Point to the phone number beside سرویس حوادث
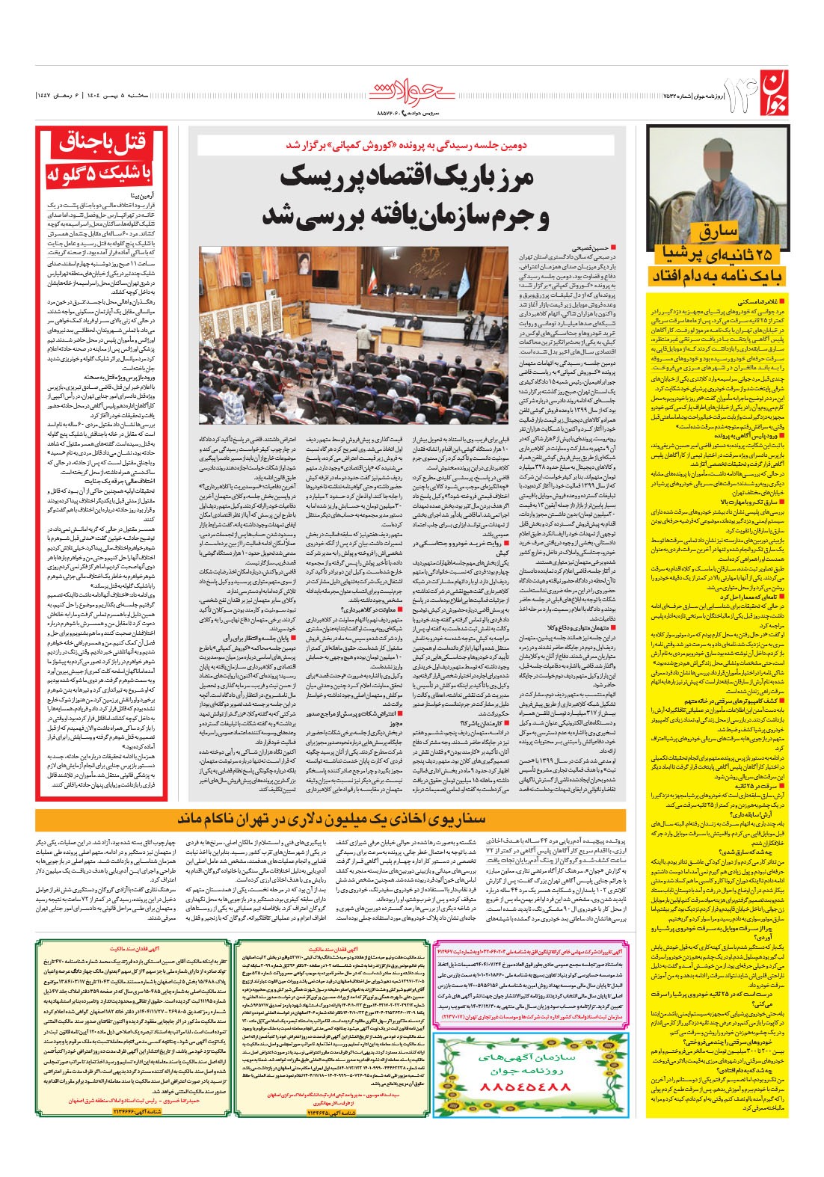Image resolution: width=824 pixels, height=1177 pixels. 387,114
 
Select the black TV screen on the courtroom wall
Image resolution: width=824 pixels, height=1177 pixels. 259,268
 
